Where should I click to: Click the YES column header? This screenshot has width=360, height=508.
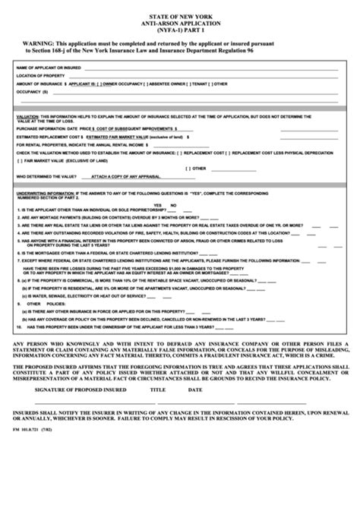click(158, 205)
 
